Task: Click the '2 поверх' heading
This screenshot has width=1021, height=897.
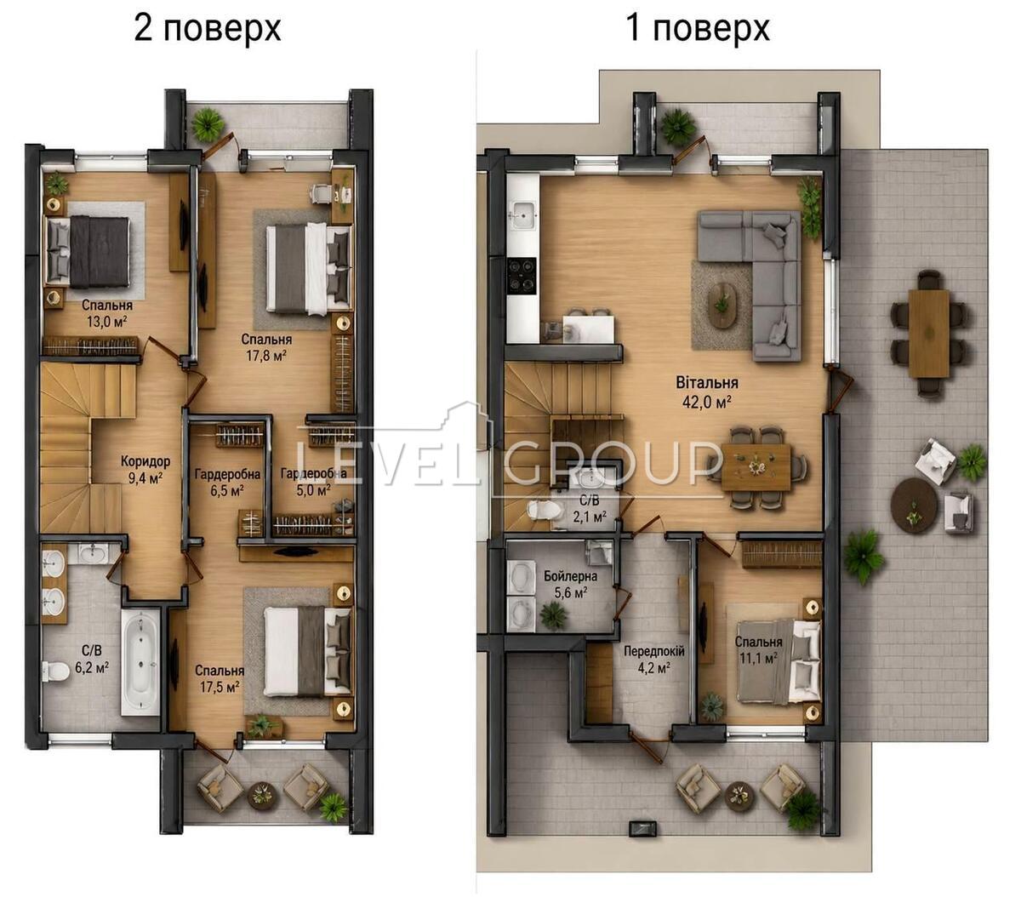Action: (x=208, y=29)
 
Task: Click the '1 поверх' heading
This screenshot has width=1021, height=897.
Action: (x=698, y=29)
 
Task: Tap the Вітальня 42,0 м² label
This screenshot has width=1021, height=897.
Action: (x=706, y=391)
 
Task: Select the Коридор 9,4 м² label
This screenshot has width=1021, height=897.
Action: (x=145, y=470)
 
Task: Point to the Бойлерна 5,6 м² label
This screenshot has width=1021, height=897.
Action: (x=570, y=585)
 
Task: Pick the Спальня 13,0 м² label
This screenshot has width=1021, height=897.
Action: (x=107, y=313)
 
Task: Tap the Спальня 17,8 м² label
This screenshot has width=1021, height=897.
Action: (x=266, y=347)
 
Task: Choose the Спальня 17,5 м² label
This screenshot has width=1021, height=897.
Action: (x=220, y=678)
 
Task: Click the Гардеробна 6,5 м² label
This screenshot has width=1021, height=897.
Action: (x=227, y=482)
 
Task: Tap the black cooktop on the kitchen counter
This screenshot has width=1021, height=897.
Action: (x=522, y=275)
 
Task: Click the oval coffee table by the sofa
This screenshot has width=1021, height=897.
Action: (x=722, y=305)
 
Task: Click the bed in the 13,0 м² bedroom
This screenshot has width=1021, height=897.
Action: (x=88, y=252)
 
